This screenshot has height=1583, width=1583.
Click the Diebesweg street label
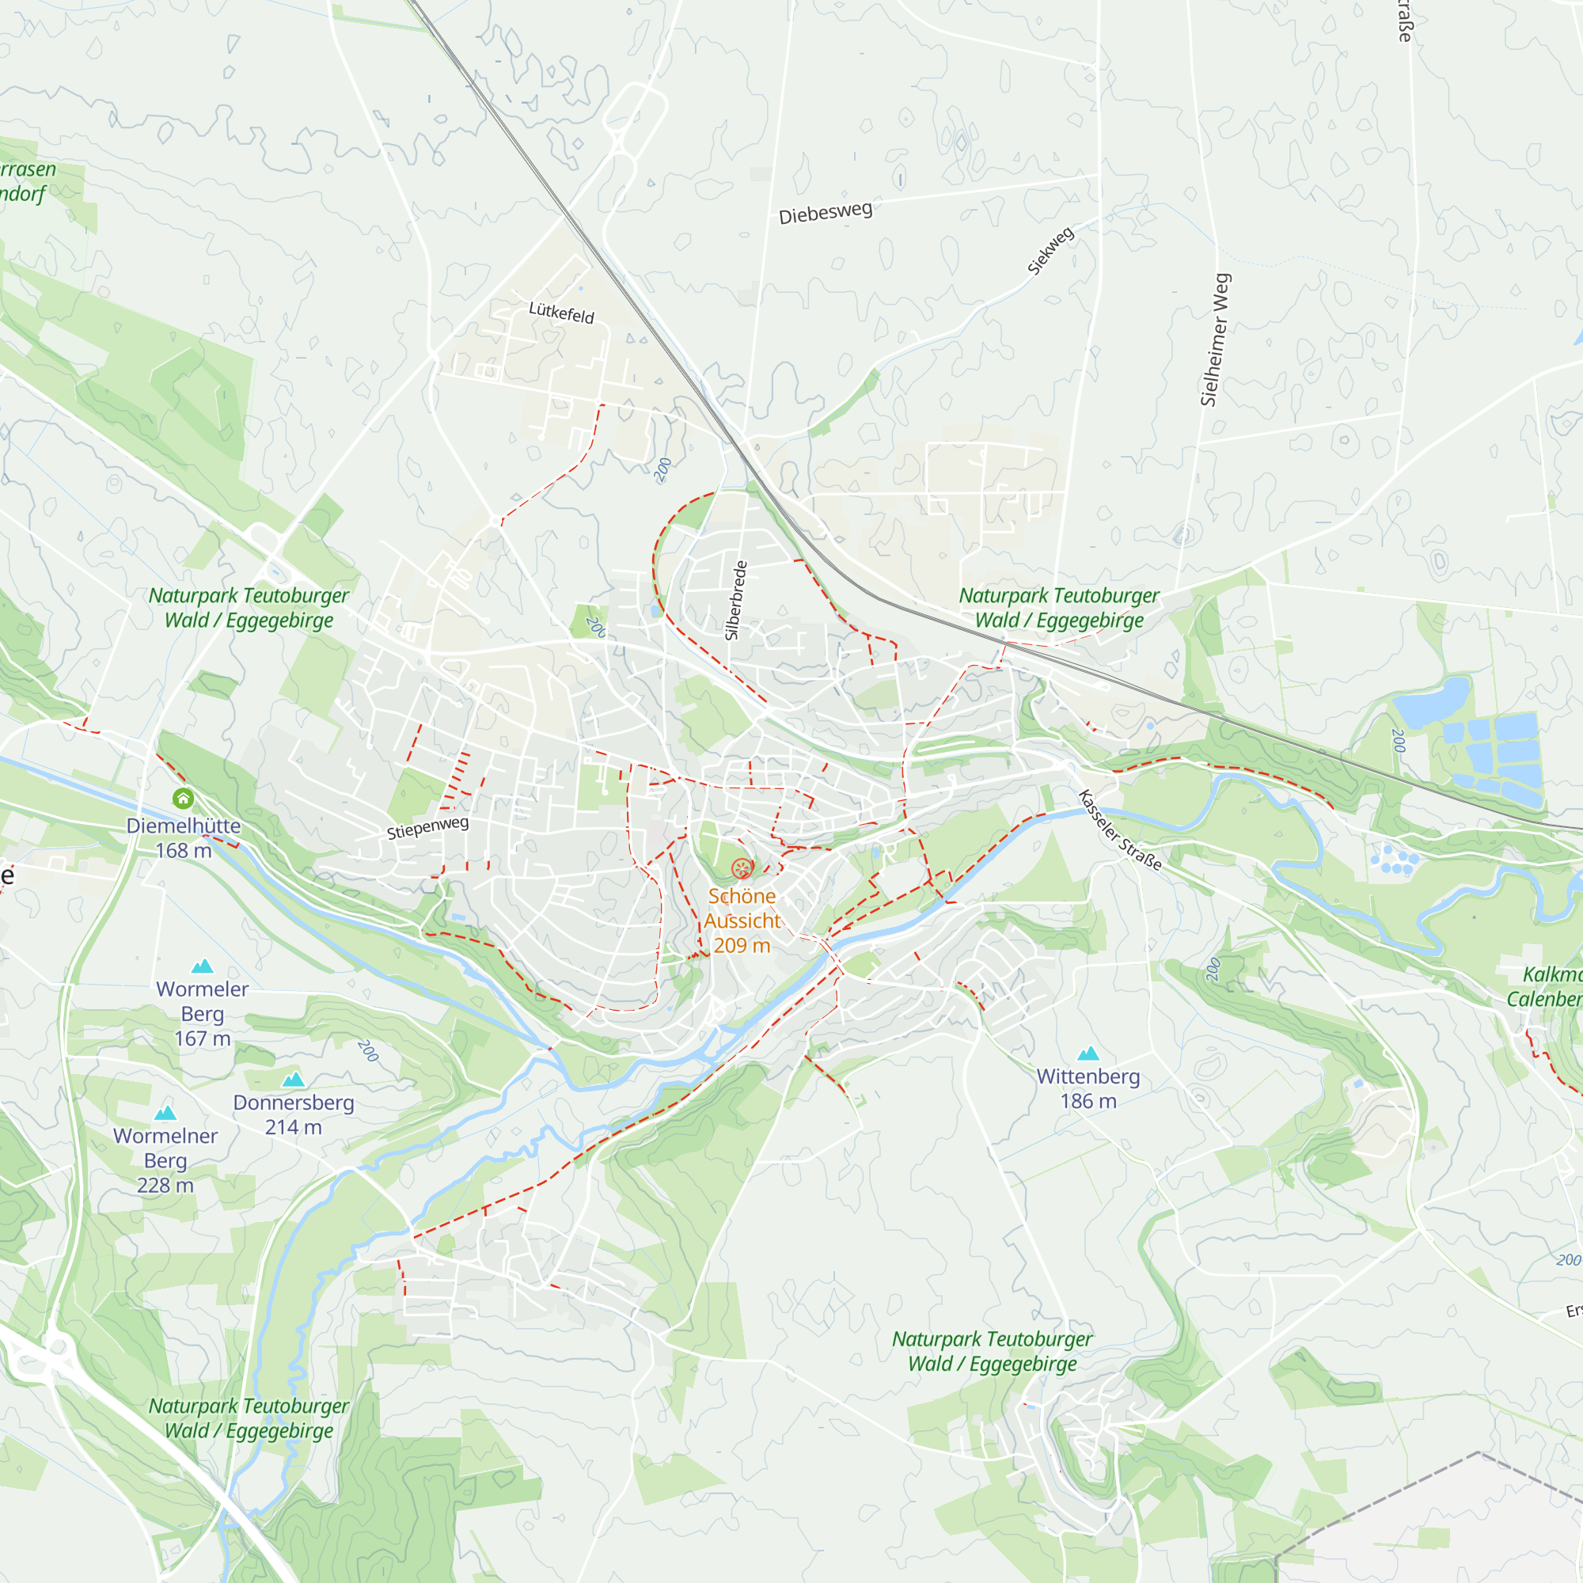[x=825, y=212]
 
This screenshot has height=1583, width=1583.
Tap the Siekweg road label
[x=1050, y=251]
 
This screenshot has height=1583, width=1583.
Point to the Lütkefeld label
[x=561, y=312]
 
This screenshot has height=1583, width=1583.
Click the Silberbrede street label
[x=736, y=601]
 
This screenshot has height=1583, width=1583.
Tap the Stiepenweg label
[x=427, y=828]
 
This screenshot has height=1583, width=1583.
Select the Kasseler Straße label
[x=1119, y=829]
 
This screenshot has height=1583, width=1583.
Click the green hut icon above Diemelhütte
[x=183, y=798]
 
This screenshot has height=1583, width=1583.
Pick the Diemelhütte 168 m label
[x=184, y=837]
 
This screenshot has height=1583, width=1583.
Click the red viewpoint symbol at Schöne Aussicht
[x=742, y=867]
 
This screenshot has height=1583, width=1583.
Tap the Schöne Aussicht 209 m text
[x=742, y=921]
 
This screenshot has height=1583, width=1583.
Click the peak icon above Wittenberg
[x=1088, y=1053]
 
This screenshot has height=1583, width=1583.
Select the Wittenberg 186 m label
[x=1088, y=1089]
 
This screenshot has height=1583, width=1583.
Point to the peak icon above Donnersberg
[x=294, y=1079]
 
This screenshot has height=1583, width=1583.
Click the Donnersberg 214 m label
[x=294, y=1115]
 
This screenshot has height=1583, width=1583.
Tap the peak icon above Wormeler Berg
[x=202, y=966]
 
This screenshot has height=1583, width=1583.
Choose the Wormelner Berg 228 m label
[x=165, y=1160]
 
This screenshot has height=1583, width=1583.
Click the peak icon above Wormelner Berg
[x=165, y=1113]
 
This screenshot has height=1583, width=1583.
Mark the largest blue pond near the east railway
[x=1431, y=697]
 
